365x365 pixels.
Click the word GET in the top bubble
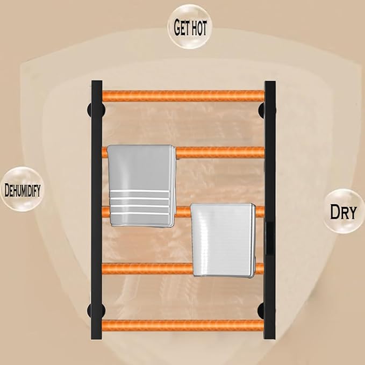pyautogui.click(x=182, y=28)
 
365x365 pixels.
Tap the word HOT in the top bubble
pyautogui.click(x=198, y=28)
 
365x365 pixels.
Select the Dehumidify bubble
pyautogui.click(x=23, y=189)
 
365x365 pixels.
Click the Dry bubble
pyautogui.click(x=343, y=211)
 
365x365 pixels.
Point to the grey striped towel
pyautogui.click(x=141, y=185)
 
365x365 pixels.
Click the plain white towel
pyautogui.click(x=223, y=240)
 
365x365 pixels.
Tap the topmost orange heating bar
pyautogui.click(x=183, y=96)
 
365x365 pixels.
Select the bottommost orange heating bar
pyautogui.click(x=183, y=325)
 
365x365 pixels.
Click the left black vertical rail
pyautogui.click(x=97, y=210)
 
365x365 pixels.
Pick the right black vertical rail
pyautogui.click(x=270, y=210)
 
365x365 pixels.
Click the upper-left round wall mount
pyautogui.click(x=96, y=110)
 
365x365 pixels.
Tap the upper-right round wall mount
pyautogui.click(x=267, y=110)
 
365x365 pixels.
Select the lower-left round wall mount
pyautogui.click(x=96, y=310)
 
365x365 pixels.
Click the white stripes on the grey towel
pyautogui.click(x=140, y=202)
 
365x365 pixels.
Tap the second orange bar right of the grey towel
pyautogui.click(x=220, y=153)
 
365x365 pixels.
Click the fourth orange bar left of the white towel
pyautogui.click(x=147, y=268)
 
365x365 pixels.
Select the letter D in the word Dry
pyautogui.click(x=335, y=211)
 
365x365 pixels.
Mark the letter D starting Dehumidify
pyautogui.click(x=7, y=190)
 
